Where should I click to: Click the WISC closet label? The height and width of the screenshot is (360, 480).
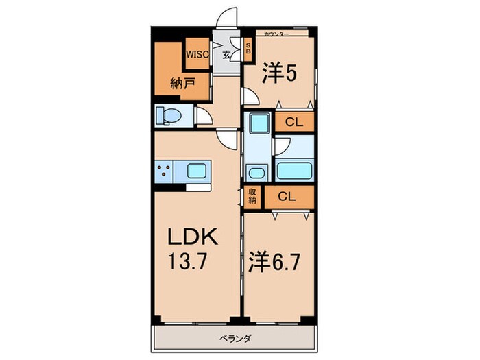point(197,54)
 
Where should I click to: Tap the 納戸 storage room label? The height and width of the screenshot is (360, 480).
point(183,83)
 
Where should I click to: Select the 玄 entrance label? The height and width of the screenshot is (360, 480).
point(226,55)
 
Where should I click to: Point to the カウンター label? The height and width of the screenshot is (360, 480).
point(276,34)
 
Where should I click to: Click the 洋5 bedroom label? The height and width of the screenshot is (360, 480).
point(279,73)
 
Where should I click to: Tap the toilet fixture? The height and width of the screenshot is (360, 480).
point(168,116)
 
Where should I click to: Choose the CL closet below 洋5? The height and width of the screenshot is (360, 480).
point(294,122)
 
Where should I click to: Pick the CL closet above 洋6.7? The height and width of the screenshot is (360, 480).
point(289,197)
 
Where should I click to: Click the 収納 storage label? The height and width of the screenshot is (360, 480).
point(252,197)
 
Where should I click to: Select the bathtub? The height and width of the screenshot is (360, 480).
point(294,171)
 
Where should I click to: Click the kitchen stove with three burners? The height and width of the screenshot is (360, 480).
point(164,171)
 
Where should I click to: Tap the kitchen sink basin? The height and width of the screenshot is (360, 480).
point(197,171)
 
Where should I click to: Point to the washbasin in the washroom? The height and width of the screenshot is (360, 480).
point(256,173)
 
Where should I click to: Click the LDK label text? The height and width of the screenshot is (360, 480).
point(193,237)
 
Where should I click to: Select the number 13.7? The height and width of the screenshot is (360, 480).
point(188,261)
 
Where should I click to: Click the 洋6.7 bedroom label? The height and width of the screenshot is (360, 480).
point(274,262)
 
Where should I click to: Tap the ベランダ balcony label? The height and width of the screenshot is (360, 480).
point(235,339)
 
